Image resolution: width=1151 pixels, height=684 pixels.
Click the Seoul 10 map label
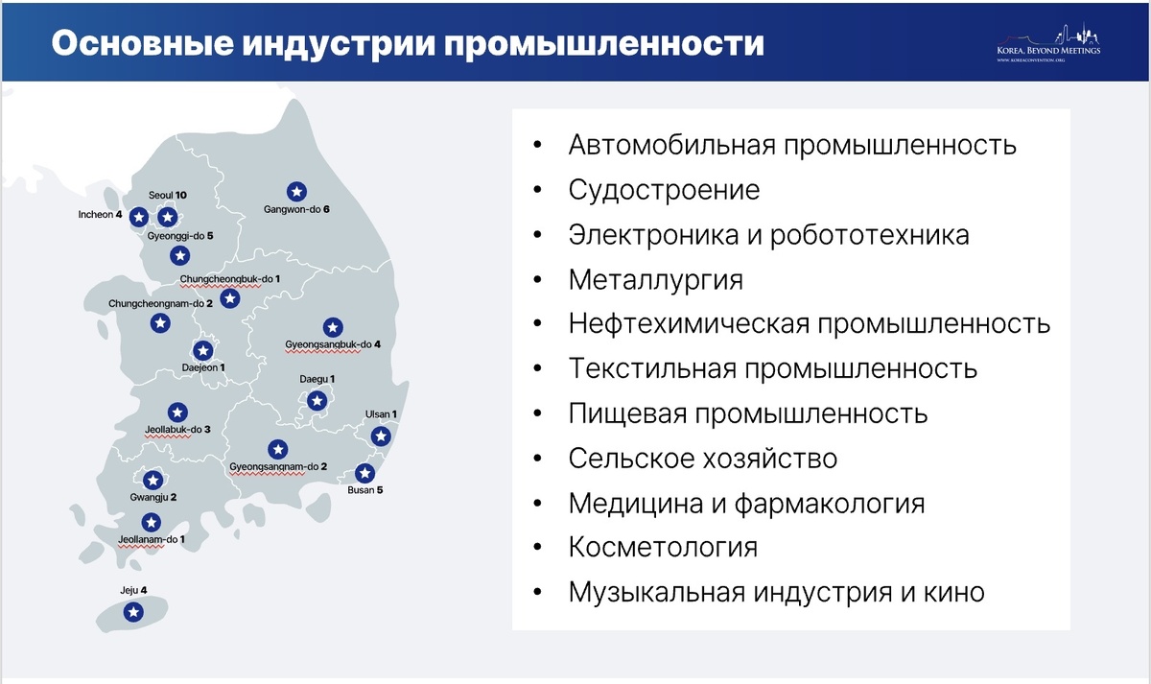[168, 195]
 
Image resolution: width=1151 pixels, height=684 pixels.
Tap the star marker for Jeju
[134, 611]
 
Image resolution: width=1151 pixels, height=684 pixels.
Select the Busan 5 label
[365, 490]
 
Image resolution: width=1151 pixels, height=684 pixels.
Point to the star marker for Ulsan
[381, 436]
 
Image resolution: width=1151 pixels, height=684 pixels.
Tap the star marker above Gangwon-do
[296, 190]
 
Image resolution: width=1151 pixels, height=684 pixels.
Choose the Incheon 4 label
[100, 215]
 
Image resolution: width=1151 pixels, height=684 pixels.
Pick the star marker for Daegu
[317, 400]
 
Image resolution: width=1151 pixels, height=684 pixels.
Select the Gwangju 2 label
[153, 498]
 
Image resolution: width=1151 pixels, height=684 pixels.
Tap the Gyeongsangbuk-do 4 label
[333, 344]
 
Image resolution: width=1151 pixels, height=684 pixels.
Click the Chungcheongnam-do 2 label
[161, 304]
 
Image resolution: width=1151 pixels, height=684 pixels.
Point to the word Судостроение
[664, 190]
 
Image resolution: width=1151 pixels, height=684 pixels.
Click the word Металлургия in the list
[655, 279]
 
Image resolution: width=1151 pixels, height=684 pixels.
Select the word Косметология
[663, 548]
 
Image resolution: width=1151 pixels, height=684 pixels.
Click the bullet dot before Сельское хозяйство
[537, 459]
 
